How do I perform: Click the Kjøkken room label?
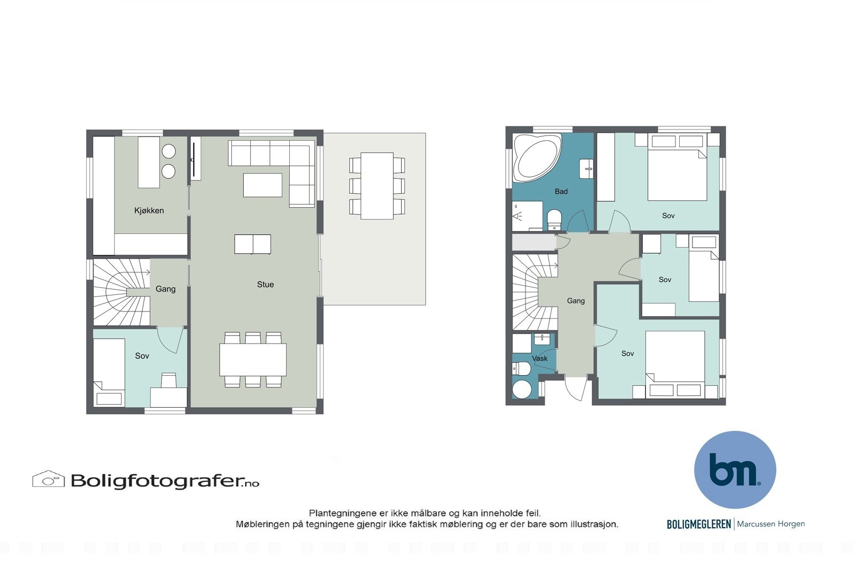(149, 211)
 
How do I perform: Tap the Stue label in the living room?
(265, 285)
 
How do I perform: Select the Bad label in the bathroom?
(561, 192)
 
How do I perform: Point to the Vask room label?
(539, 359)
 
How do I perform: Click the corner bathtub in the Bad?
(536, 157)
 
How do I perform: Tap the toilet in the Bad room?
(554, 219)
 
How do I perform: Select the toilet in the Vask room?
(521, 369)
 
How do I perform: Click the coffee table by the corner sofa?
(262, 185)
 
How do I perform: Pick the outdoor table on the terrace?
(377, 186)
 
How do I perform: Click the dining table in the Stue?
(252, 360)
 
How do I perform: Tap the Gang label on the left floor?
(166, 289)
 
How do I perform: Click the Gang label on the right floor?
(576, 301)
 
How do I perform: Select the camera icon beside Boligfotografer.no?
(48, 479)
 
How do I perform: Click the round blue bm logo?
(735, 469)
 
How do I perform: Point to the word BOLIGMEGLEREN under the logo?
(698, 524)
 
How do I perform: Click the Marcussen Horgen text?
(771, 524)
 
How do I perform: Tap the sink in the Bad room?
(587, 169)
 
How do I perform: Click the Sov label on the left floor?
(142, 356)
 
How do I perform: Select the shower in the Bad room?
(527, 216)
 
